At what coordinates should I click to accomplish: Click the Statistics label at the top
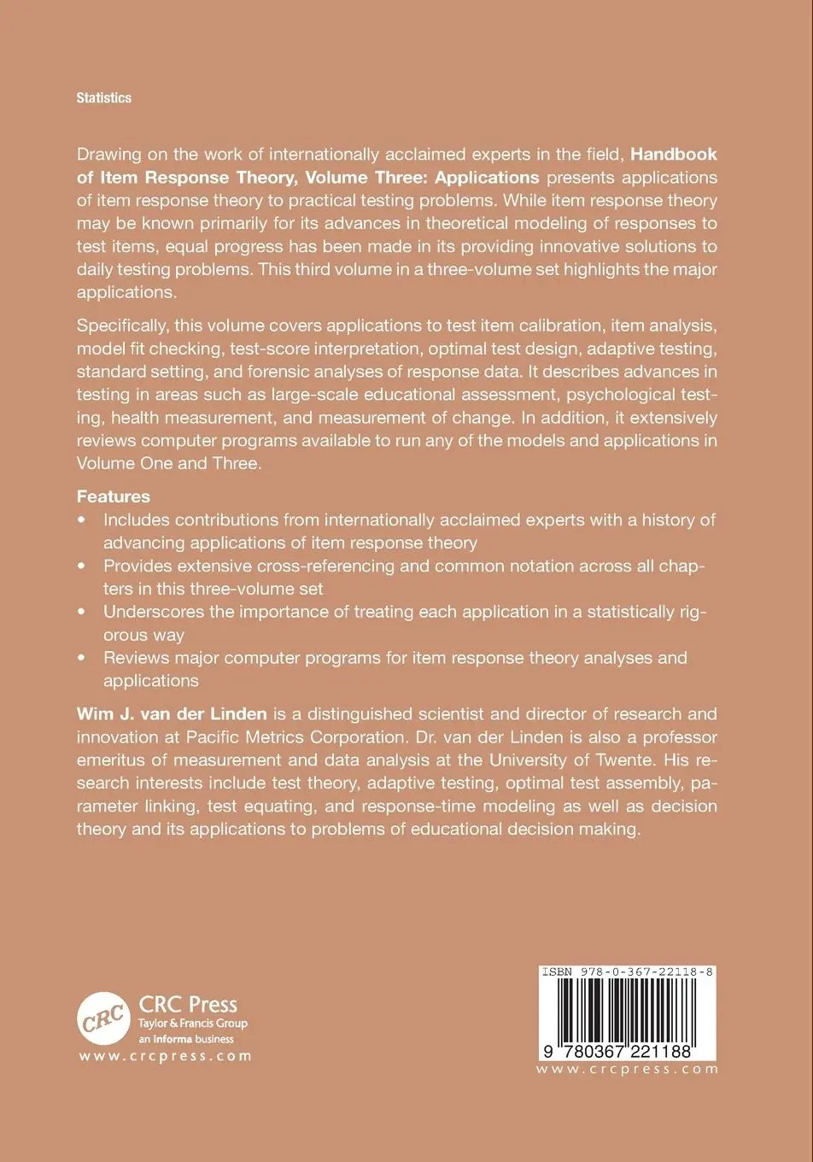[103, 98]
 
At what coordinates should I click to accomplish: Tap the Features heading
[113, 496]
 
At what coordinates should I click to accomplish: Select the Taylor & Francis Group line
[193, 1024]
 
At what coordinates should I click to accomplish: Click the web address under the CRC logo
[165, 1056]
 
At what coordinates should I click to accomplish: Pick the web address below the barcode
[629, 1069]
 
